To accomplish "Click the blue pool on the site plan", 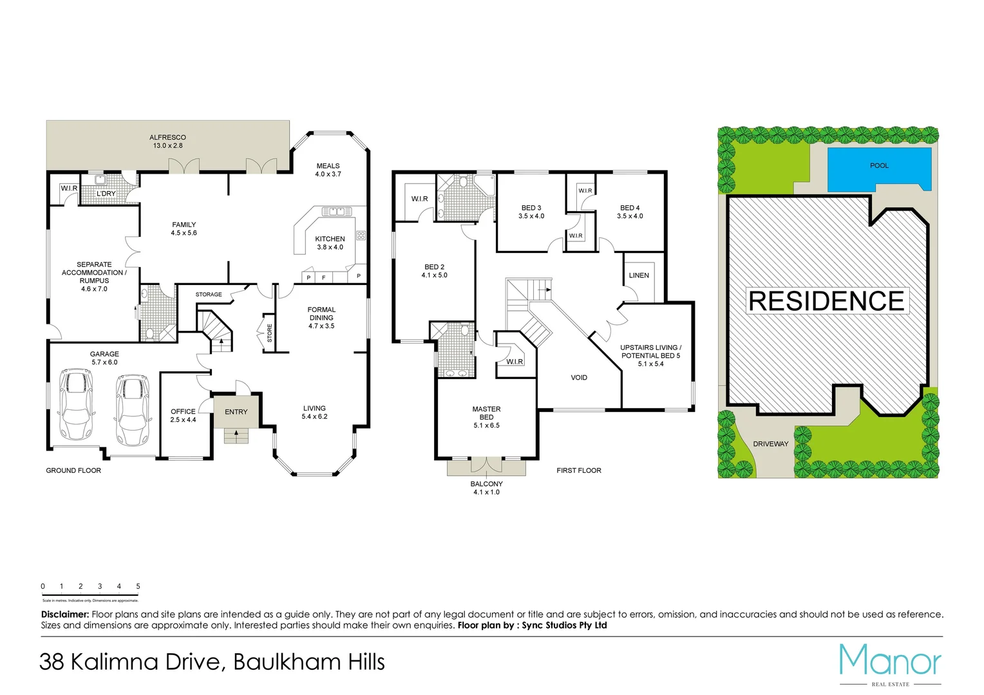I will (878, 169).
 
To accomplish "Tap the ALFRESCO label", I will (167, 138).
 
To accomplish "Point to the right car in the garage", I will (132, 409).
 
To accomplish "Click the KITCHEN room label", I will (330, 239).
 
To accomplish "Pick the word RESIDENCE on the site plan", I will (827, 301).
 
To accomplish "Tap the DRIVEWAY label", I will (770, 444).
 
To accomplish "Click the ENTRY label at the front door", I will (236, 412).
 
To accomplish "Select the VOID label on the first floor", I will (578, 378).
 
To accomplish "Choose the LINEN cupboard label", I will (639, 275).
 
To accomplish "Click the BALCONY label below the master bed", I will (486, 484).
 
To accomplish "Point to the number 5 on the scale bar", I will (138, 586).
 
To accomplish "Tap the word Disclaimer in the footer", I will (65, 615).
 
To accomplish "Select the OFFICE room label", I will (183, 412).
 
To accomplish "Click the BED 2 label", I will (434, 267).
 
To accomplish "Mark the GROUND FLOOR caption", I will (73, 470).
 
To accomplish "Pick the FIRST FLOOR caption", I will (578, 470).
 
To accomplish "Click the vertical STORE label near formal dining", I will (269, 333).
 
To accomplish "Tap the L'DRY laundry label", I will (106, 194).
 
